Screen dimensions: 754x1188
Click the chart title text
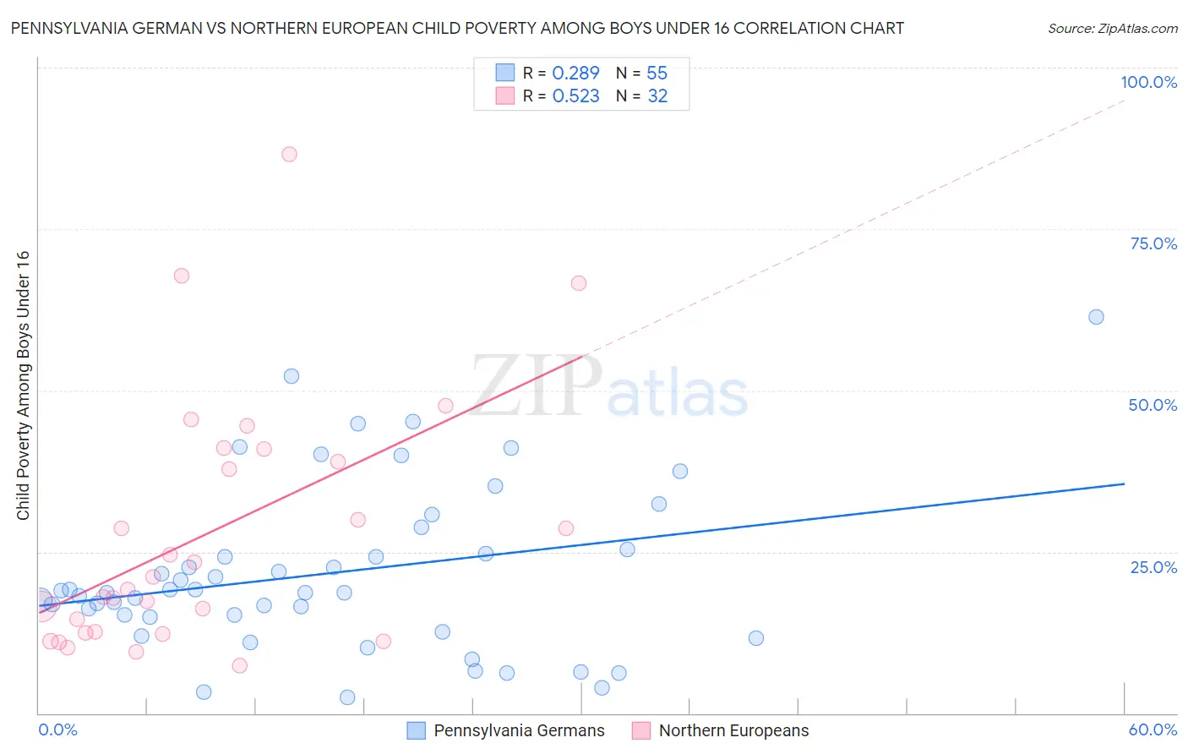[457, 28]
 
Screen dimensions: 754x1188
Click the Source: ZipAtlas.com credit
[1112, 28]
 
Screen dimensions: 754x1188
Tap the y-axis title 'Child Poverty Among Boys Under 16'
[23, 385]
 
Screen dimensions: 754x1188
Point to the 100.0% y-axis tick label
[1148, 82]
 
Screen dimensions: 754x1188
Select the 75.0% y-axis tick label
[1153, 243]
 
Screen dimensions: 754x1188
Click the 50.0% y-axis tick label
[1153, 405]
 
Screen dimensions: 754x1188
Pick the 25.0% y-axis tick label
[1153, 567]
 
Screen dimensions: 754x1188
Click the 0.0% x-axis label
[57, 729]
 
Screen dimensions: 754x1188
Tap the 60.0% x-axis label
[1153, 729]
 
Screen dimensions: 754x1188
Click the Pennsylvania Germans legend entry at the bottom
[519, 730]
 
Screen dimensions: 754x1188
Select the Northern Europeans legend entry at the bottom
[733, 730]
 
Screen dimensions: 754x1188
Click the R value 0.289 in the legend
[575, 74]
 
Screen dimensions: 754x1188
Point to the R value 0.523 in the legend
[575, 96]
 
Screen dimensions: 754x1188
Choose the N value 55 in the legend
[657, 74]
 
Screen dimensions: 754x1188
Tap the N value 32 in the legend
[657, 96]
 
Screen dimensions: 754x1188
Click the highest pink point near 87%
[289, 154]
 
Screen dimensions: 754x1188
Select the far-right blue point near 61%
[1096, 317]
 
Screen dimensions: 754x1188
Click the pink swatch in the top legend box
[504, 96]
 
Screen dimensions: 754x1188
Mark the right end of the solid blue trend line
[1124, 484]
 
